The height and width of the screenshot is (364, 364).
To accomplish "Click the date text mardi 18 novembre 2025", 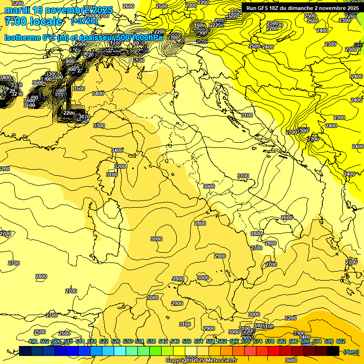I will (58, 10).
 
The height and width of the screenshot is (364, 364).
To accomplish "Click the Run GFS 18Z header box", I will (302, 8).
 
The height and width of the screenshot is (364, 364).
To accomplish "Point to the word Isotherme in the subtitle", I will (22, 37).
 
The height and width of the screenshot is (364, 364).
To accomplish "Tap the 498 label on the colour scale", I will (33, 341).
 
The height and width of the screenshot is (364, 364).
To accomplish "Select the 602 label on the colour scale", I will (340, 341).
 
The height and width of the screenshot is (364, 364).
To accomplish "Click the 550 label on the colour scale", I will (187, 341).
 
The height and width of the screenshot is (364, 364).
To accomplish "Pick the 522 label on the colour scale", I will (104, 341).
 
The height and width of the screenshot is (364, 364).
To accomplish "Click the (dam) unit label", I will (351, 351).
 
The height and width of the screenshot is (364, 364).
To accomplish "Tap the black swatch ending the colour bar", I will (333, 351).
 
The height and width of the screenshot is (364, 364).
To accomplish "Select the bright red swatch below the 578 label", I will (273, 351).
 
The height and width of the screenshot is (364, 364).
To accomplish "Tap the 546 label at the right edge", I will (358, 45).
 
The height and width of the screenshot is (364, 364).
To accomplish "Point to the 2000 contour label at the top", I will (191, 5).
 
